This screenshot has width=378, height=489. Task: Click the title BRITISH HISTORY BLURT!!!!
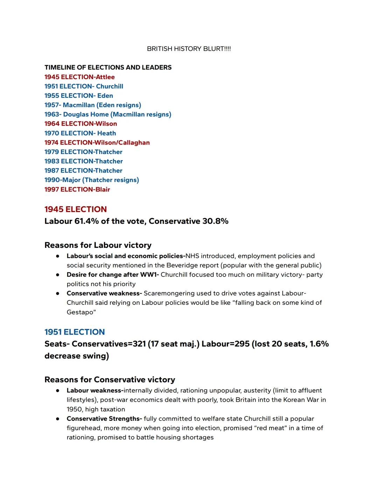point(189,49)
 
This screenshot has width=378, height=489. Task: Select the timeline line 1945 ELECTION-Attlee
point(79,77)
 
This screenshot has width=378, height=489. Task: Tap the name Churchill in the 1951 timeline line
point(110,86)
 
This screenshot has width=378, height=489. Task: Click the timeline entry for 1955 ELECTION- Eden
point(79,96)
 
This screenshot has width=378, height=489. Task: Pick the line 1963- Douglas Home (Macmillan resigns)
point(108,114)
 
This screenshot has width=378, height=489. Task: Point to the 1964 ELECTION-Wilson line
point(80,124)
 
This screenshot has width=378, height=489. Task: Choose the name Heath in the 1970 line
point(106,133)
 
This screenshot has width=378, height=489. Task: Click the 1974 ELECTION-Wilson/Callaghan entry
point(97,143)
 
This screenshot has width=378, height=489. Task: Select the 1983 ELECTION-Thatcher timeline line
point(84,161)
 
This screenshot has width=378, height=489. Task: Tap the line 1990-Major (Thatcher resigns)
point(92,180)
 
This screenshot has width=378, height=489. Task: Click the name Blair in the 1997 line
point(103,190)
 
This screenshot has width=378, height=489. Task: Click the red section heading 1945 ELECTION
point(76,209)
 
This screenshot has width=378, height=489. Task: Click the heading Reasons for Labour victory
point(98,245)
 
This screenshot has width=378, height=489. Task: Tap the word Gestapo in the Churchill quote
point(80,312)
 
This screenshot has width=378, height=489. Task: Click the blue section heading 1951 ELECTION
point(75,332)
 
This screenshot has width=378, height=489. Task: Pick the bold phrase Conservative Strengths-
point(104,419)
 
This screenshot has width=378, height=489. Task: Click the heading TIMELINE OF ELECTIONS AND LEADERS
point(108,68)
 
